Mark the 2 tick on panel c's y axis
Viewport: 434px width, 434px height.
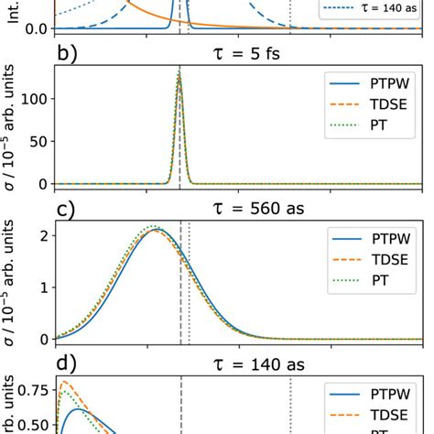[43, 235]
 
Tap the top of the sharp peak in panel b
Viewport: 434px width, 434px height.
[179, 71]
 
